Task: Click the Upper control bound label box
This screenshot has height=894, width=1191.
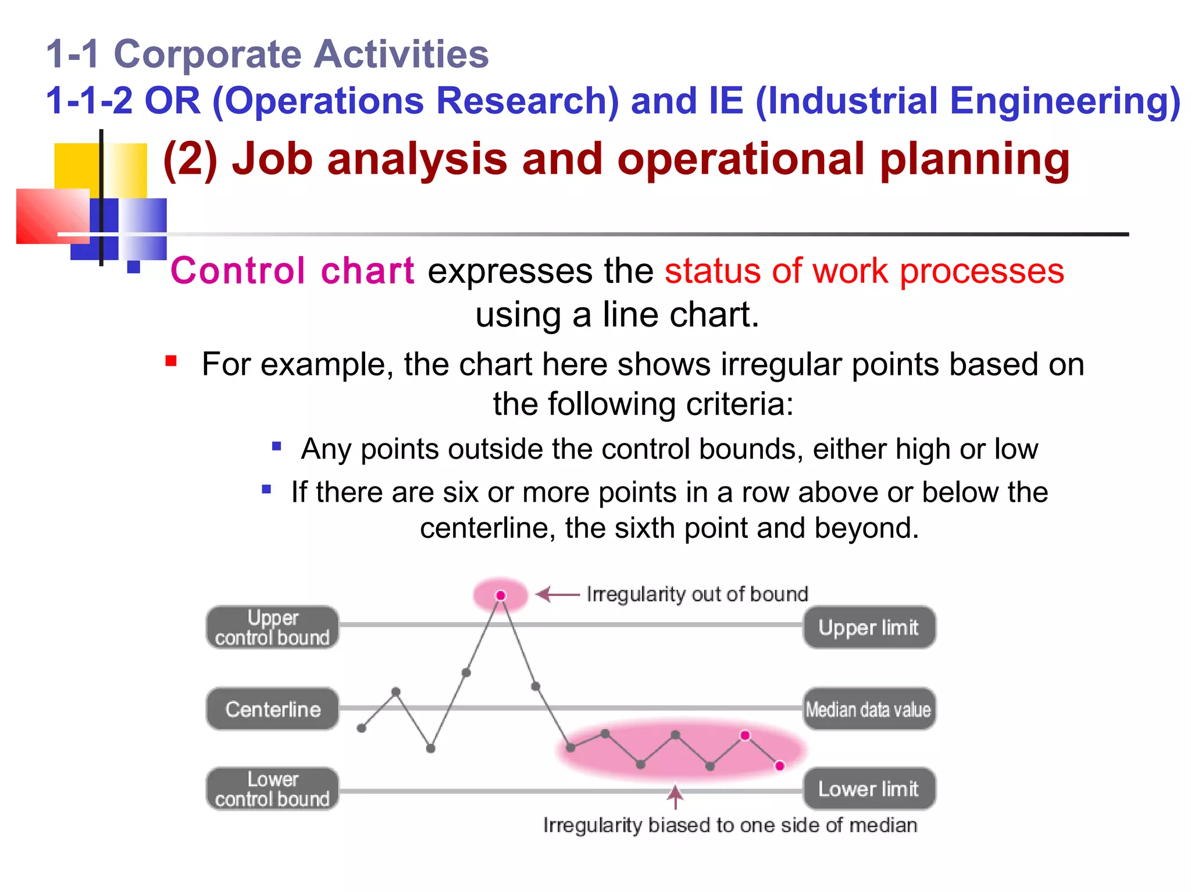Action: pos(272,627)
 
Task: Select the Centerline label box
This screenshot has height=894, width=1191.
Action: pos(272,709)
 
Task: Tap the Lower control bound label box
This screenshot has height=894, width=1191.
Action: pos(272,789)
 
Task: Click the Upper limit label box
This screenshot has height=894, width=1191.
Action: pos(869,627)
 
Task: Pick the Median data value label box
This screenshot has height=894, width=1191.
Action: pos(869,709)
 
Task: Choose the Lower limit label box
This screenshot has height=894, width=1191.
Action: pos(869,789)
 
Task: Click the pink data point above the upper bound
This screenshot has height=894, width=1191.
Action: pos(501,595)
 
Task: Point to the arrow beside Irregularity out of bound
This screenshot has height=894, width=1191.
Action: pos(557,594)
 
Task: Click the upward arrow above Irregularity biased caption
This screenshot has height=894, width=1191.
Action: pos(675,797)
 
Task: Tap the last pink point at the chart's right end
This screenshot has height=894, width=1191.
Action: pos(780,765)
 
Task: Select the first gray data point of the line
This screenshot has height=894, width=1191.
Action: pos(361,728)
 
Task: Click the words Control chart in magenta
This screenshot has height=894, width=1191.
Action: pos(292,271)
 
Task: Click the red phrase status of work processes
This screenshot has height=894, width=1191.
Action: pos(864,271)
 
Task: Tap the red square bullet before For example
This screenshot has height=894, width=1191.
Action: pos(171,361)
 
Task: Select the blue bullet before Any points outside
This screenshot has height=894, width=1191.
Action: pos(277,446)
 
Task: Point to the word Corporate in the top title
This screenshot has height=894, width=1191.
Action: pos(208,54)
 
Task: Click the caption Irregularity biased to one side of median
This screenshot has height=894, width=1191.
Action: pos(730,825)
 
